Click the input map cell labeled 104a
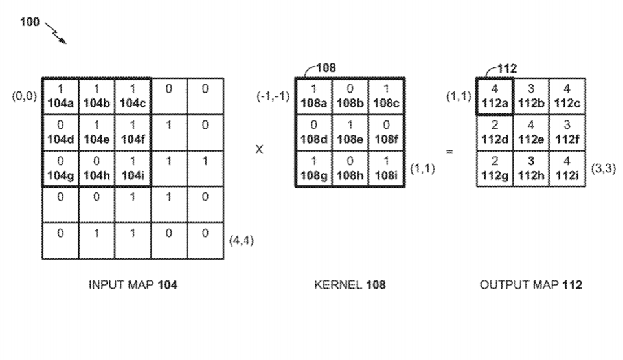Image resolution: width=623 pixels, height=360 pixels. (x=60, y=96)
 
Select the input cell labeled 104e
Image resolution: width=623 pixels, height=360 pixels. (x=96, y=133)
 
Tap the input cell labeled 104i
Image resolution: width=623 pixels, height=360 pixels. (x=132, y=169)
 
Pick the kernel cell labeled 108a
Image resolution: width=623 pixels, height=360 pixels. (x=313, y=96)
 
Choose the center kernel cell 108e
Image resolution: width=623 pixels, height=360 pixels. (x=350, y=133)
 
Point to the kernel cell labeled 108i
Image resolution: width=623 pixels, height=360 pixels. (x=386, y=169)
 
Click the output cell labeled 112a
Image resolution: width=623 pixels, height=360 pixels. (x=494, y=96)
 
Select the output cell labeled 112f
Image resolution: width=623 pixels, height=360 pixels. (x=567, y=133)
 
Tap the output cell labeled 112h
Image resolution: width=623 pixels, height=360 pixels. (x=530, y=169)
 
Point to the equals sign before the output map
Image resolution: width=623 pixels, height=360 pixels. (x=449, y=151)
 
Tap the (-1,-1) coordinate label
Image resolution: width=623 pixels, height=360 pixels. (x=272, y=96)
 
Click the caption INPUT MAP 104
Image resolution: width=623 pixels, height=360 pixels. (x=133, y=285)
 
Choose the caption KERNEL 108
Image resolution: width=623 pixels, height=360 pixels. (x=350, y=285)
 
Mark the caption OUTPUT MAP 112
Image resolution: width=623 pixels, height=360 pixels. (x=530, y=285)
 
